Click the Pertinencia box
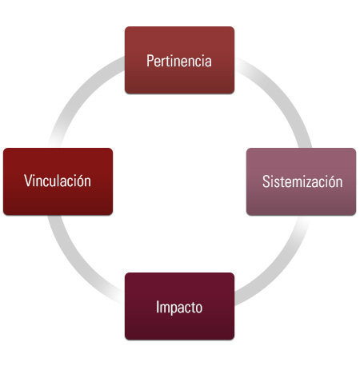pos(179,60)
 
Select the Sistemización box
pos(301,181)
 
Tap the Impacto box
pos(179,306)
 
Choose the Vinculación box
pos(58,181)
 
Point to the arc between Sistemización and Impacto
pos(278,269)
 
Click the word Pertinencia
pos(179,61)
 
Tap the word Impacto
pos(179,307)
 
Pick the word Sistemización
pos(302,181)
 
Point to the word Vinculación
pos(58,181)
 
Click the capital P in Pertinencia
pos(150,61)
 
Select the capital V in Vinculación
pos(29,181)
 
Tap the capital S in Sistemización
pos(266,181)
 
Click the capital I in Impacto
pos(158,307)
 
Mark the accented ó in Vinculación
pos(79,181)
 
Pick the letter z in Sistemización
pos(311,183)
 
